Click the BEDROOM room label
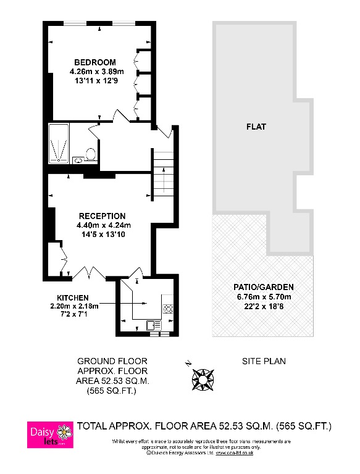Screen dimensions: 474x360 click(94, 62)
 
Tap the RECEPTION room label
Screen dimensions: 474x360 click(101, 215)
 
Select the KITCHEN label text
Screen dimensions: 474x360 click(73, 297)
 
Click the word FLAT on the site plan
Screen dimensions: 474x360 click(256, 127)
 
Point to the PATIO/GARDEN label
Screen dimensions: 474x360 click(263, 287)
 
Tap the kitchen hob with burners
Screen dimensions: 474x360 click(167, 307)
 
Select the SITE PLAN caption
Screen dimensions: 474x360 click(263, 361)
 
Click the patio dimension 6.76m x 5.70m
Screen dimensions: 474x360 click(263, 296)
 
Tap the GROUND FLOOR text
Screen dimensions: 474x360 click(112, 361)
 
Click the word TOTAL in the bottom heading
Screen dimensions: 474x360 click(94, 426)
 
